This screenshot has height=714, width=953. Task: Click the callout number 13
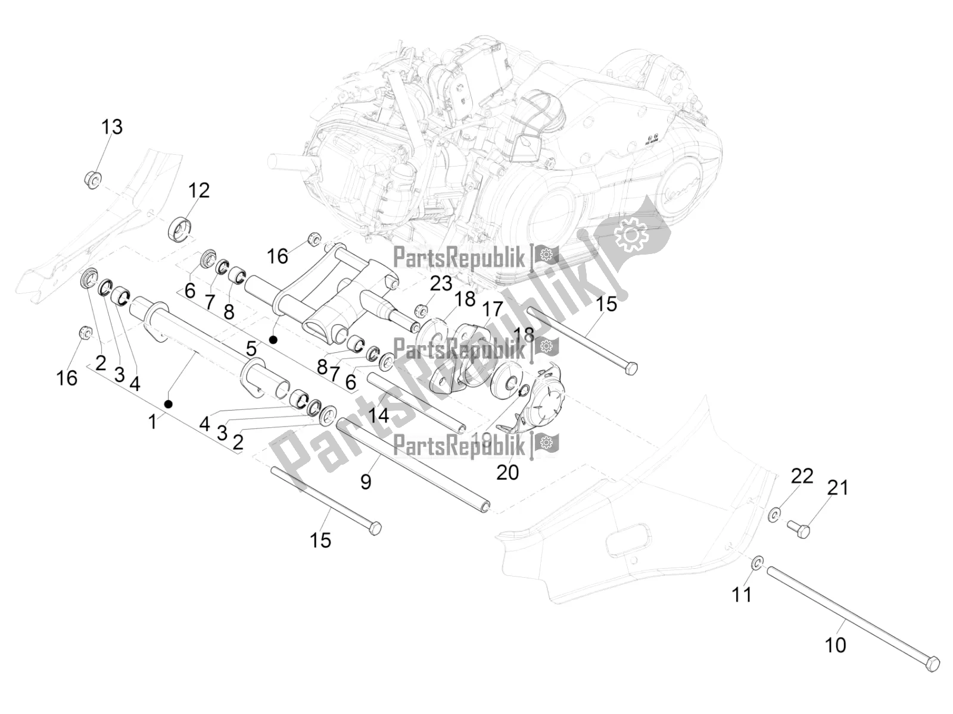coord(111,127)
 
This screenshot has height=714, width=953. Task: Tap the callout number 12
coord(199,190)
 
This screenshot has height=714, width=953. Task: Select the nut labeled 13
coord(92,178)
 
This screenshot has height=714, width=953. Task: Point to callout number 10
coord(835,645)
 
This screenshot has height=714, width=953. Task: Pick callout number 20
coord(507,472)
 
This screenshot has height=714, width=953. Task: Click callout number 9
coord(366,481)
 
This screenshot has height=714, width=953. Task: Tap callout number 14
coord(378,415)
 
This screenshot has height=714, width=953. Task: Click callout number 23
coord(441,283)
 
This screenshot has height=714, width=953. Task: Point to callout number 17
coord(493,309)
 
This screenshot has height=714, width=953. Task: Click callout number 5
coord(251,348)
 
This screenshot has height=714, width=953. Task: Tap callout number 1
coord(152,422)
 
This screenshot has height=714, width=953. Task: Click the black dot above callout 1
coord(169,404)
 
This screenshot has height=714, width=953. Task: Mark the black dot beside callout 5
coord(273,340)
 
